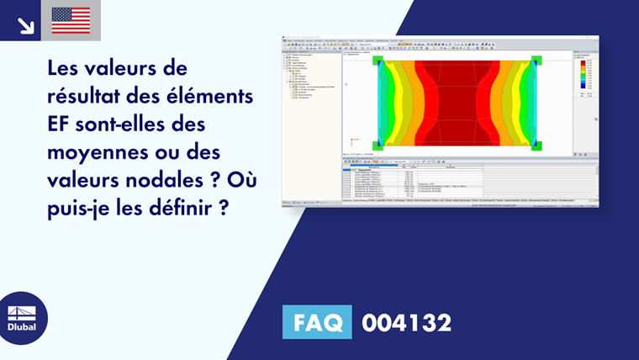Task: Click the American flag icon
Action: coord(71,20)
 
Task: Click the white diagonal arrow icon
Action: coord(25,24)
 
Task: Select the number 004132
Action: coord(406,322)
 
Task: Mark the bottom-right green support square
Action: coord(537,146)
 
